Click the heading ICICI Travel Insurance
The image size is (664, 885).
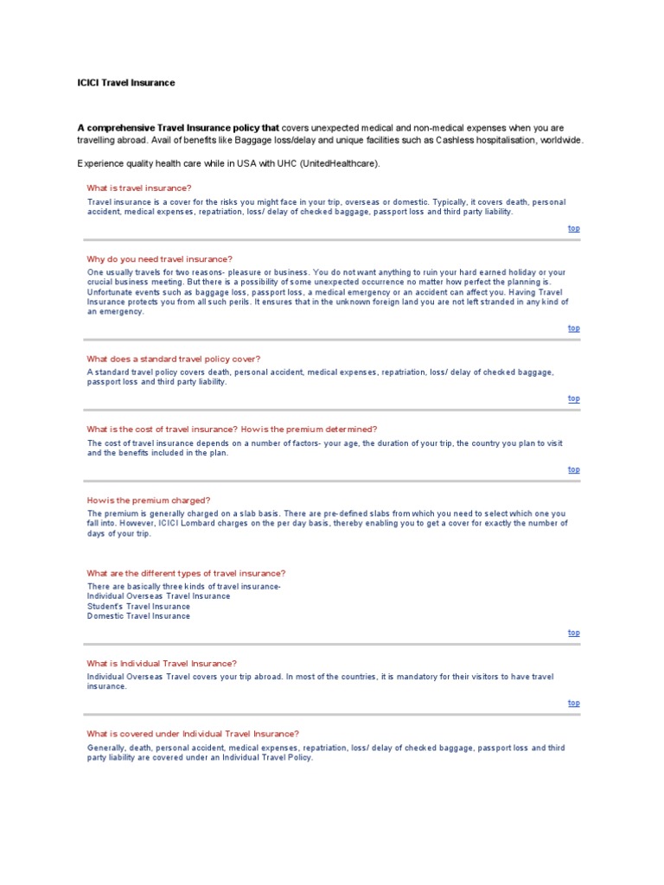[x=126, y=83]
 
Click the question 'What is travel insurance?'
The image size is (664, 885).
[x=139, y=188]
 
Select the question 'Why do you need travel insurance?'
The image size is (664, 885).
[x=159, y=259]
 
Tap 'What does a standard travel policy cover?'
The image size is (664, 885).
[x=173, y=359]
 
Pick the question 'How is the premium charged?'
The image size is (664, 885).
[x=148, y=500]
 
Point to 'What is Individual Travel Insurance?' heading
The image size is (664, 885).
[x=162, y=664]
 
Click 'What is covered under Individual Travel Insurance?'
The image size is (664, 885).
[x=193, y=734]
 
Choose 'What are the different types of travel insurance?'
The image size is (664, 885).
[x=186, y=573]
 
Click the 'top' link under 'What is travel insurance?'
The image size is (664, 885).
[x=573, y=228]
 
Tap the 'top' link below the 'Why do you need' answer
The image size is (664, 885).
[x=573, y=328]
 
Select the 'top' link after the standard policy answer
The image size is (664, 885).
[x=573, y=398]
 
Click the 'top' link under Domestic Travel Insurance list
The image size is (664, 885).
[x=573, y=633]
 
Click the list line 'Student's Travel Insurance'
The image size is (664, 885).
[x=138, y=606]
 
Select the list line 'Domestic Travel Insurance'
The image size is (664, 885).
[x=138, y=616]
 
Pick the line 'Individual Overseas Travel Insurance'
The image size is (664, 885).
[x=158, y=595]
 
